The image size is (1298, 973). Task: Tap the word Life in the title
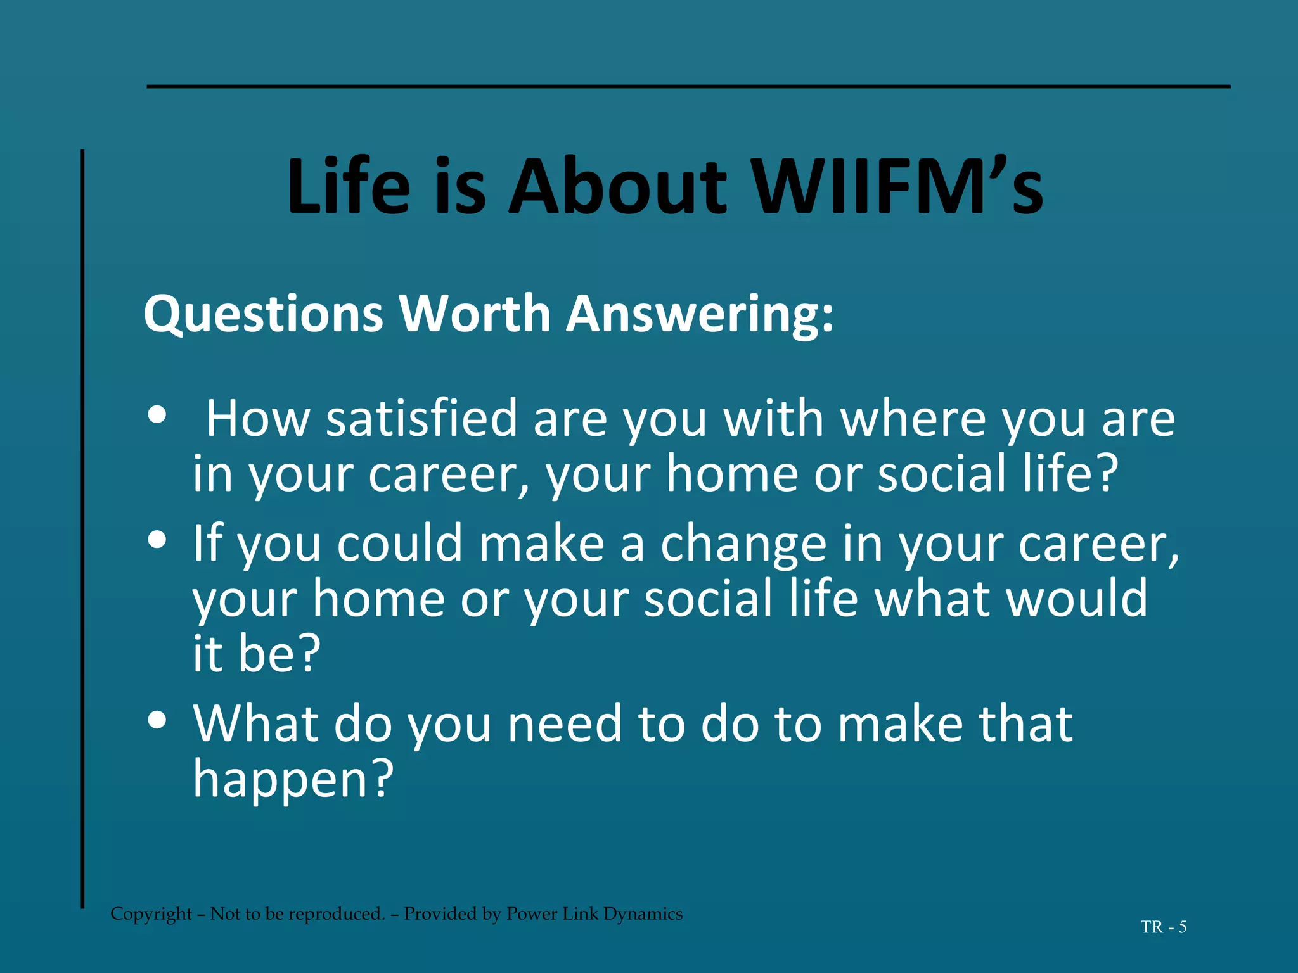pyautogui.click(x=348, y=187)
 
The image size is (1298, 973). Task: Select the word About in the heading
pyautogui.click(x=618, y=187)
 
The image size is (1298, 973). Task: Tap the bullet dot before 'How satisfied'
pyautogui.click(x=157, y=416)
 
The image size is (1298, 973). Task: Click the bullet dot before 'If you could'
pyautogui.click(x=157, y=540)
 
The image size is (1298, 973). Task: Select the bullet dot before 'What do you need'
pyautogui.click(x=157, y=720)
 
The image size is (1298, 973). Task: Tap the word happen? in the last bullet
pyautogui.click(x=293, y=779)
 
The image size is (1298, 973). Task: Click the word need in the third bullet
pyautogui.click(x=565, y=724)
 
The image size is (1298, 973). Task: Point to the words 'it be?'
pyautogui.click(x=257, y=654)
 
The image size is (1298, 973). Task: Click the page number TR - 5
pyautogui.click(x=1164, y=927)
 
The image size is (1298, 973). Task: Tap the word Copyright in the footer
pyautogui.click(x=151, y=914)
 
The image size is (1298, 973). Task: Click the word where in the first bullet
pyautogui.click(x=913, y=419)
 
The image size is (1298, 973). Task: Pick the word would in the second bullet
pyautogui.click(x=1077, y=599)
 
